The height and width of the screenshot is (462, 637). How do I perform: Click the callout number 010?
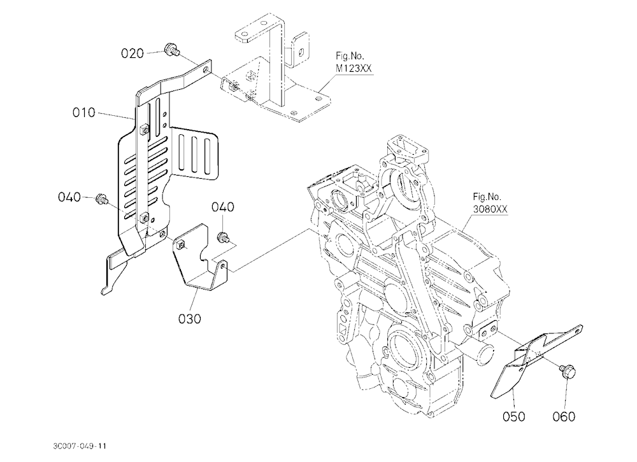pyautogui.click(x=83, y=113)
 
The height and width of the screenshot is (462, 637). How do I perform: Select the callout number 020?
pyautogui.click(x=132, y=53)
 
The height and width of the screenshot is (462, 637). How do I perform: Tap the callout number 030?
pyautogui.click(x=190, y=319)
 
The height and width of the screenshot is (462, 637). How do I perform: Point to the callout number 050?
pyautogui.click(x=513, y=416)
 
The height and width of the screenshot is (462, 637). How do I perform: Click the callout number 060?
pyautogui.click(x=564, y=416)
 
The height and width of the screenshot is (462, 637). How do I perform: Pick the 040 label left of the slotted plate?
pyautogui.click(x=69, y=197)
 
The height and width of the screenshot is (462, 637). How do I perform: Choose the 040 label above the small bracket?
pyautogui.click(x=222, y=207)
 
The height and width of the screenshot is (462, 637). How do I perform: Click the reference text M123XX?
pyautogui.click(x=354, y=69)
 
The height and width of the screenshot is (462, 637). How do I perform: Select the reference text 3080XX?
pyautogui.click(x=490, y=209)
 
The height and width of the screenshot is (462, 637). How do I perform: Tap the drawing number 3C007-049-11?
pyautogui.click(x=80, y=446)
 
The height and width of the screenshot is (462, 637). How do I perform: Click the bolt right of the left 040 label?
pyautogui.click(x=101, y=199)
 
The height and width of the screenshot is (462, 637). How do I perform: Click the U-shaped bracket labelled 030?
pyautogui.click(x=200, y=258)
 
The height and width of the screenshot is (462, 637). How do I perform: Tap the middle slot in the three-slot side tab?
pyautogui.click(x=196, y=154)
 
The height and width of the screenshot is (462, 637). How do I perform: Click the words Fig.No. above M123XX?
pyautogui.click(x=350, y=55)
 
